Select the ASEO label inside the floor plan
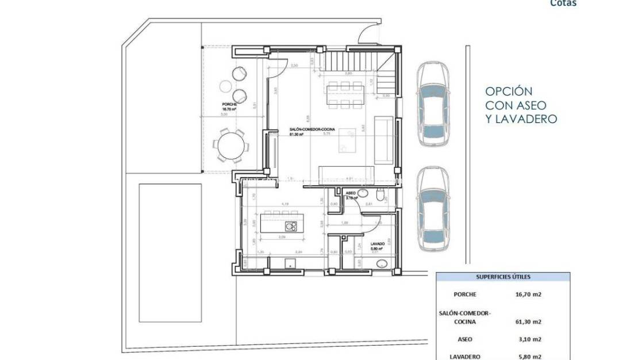tap(350, 194)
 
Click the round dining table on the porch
tap(229, 144)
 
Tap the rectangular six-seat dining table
tap(343, 95)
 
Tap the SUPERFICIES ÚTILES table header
tap(503, 277)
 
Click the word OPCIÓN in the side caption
tap(509, 91)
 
